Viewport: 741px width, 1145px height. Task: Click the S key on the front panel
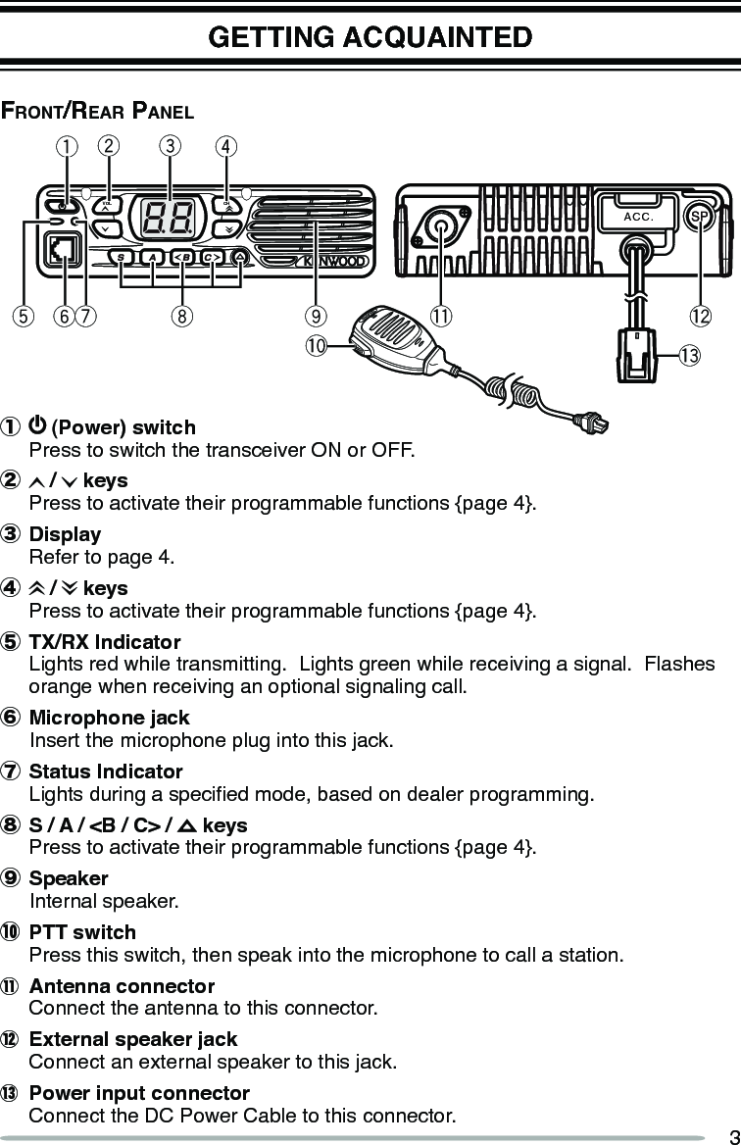tap(121, 258)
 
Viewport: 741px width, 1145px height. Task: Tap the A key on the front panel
tap(152, 258)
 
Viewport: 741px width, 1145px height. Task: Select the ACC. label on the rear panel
tap(637, 217)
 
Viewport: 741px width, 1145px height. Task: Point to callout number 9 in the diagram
tap(314, 316)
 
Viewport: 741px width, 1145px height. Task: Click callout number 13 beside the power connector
tap(689, 355)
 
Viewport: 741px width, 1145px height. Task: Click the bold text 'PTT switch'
tap(83, 932)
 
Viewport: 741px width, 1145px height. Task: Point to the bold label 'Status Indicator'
tap(106, 772)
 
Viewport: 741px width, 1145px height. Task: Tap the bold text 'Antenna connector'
tap(122, 986)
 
